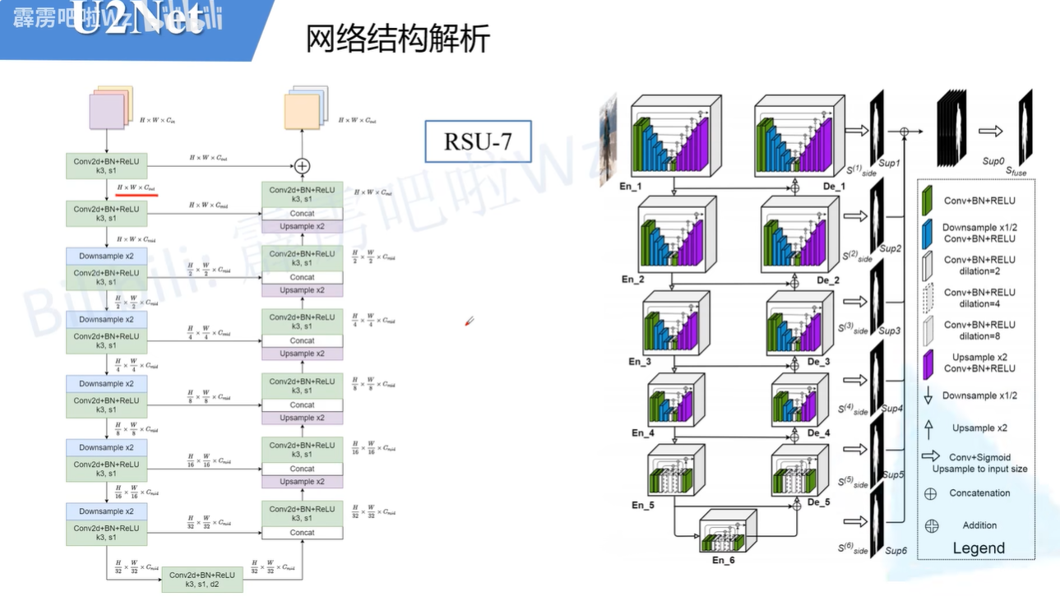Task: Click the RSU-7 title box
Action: click(x=477, y=141)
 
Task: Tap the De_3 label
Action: click(x=819, y=362)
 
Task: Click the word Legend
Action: click(x=979, y=547)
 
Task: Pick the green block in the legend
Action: click(x=927, y=199)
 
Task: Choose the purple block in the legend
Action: click(x=927, y=363)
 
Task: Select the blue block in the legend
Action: click(x=927, y=232)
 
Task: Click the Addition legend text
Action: click(x=979, y=525)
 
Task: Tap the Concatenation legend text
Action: click(x=979, y=493)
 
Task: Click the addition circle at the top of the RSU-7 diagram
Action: click(x=302, y=165)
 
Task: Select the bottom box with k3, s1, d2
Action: click(x=202, y=579)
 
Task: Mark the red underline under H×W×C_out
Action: click(x=137, y=196)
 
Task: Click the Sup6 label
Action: click(x=896, y=550)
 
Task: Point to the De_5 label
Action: click(x=818, y=502)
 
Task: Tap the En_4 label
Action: click(x=643, y=432)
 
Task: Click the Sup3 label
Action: click(x=890, y=330)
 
